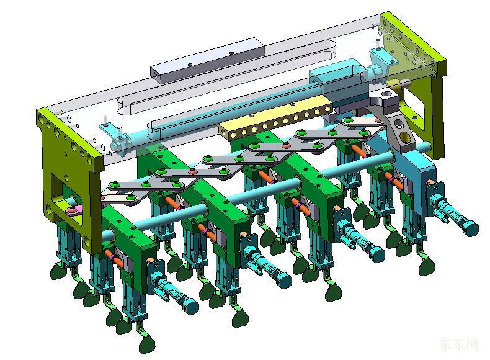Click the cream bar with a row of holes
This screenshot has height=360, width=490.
click(x=275, y=116)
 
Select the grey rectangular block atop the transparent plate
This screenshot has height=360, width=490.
click(x=207, y=60)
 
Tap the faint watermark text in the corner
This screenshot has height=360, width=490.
click(x=459, y=344)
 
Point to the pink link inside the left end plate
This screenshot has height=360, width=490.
click(x=74, y=210)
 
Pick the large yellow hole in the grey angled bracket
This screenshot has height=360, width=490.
click(x=405, y=137)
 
